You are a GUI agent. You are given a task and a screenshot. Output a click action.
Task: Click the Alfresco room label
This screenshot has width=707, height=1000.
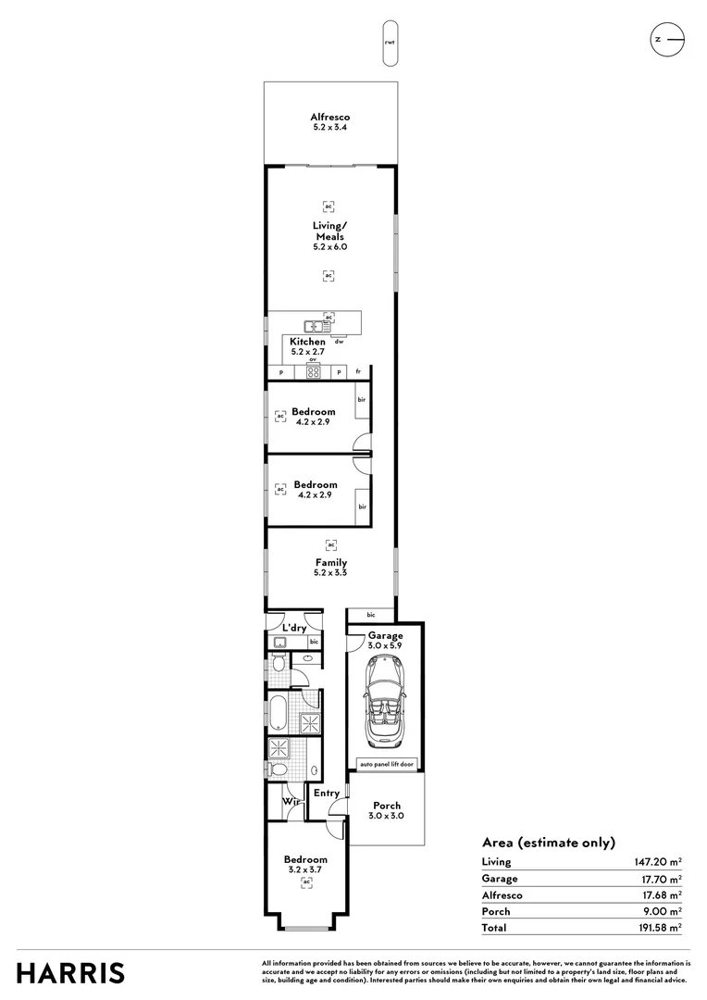pos(329,118)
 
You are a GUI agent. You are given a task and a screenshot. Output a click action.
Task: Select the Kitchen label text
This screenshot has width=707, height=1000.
pos(307,342)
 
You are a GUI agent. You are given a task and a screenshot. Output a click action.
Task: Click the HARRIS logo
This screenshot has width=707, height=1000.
pos(71,973)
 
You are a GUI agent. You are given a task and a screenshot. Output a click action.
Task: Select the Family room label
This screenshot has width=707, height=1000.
pos(330,562)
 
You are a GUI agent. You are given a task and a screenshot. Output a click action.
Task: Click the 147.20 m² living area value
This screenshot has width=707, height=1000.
pos(657,862)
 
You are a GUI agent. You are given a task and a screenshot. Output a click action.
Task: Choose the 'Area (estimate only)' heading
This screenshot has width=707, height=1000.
pos(548,843)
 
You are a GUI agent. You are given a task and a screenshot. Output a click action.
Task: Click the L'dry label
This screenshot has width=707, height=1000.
pos(294,629)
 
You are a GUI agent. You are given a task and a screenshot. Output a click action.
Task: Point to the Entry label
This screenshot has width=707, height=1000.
pos(326,793)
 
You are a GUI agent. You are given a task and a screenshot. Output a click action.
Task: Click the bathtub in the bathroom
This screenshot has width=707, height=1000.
pos(278,714)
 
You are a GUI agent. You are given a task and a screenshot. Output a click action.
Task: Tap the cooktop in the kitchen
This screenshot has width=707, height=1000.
pos(313,372)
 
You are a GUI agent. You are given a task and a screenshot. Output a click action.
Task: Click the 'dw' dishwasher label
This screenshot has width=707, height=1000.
pos(339,342)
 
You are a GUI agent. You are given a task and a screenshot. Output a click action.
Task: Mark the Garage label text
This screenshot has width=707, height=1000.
pos(385,635)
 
